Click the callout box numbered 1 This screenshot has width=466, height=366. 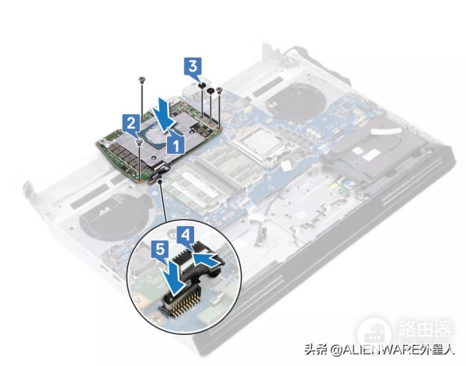(x=176, y=145)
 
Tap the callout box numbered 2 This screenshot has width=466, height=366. (x=132, y=124)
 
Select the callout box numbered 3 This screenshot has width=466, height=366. (x=193, y=67)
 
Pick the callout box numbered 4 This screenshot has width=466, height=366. (x=186, y=236)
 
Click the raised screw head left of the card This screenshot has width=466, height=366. (x=142, y=78)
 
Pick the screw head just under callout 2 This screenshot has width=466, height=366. (x=139, y=142)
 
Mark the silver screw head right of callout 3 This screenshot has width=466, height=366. (x=220, y=89)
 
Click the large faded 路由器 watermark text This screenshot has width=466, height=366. (x=426, y=328)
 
